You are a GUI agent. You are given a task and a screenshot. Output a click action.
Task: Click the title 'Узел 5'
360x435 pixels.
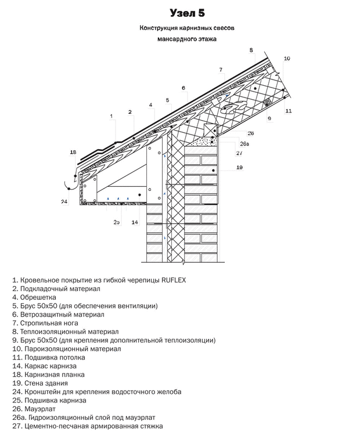point(187,13)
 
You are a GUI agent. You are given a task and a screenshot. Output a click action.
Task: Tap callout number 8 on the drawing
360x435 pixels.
point(251,50)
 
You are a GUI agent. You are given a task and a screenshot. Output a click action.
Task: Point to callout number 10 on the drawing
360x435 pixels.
point(287,59)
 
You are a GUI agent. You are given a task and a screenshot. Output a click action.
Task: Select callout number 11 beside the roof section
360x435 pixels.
point(288,110)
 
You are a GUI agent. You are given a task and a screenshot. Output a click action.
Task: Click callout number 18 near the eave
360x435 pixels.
point(73,153)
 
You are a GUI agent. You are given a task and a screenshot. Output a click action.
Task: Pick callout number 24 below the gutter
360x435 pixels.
point(64,202)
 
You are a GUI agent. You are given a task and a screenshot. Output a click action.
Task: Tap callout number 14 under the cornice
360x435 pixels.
point(135,222)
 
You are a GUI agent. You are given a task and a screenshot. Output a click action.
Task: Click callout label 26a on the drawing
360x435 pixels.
point(244,144)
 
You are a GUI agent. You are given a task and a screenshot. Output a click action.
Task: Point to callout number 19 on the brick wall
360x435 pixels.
point(239,168)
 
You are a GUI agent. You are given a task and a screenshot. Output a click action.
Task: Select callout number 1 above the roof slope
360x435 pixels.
point(110,116)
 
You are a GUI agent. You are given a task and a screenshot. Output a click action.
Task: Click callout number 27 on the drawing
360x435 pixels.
point(239,153)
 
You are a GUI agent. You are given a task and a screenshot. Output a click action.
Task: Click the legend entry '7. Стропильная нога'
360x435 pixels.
point(45,322)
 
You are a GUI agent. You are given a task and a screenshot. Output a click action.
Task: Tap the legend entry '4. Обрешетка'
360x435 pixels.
point(34,297)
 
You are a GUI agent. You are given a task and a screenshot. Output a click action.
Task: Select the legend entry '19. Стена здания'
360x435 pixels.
point(41,383)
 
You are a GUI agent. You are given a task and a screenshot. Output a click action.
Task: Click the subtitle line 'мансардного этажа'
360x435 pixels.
point(186,39)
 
